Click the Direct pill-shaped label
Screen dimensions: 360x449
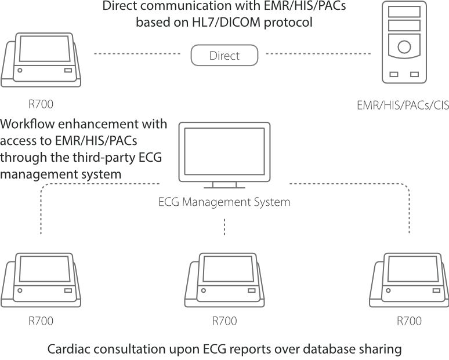[x=224, y=56]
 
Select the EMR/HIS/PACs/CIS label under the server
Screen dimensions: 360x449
[x=403, y=106]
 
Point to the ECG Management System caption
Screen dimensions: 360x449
[x=224, y=202]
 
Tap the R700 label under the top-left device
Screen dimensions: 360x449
[x=41, y=104]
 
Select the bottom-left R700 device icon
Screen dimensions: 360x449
[x=41, y=279]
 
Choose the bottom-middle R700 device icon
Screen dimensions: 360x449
[x=224, y=279]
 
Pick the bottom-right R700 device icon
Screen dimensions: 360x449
[x=409, y=279]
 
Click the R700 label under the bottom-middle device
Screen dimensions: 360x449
[x=224, y=321]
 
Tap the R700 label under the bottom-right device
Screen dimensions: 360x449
[x=409, y=321]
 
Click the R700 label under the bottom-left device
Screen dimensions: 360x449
[x=41, y=321]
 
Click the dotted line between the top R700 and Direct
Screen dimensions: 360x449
[x=137, y=55]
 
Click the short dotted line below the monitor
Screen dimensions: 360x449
[x=224, y=227]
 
